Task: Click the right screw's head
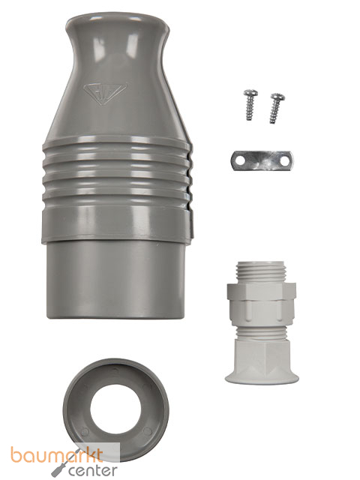(x=278, y=97)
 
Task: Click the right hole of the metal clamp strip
(x=283, y=161)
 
